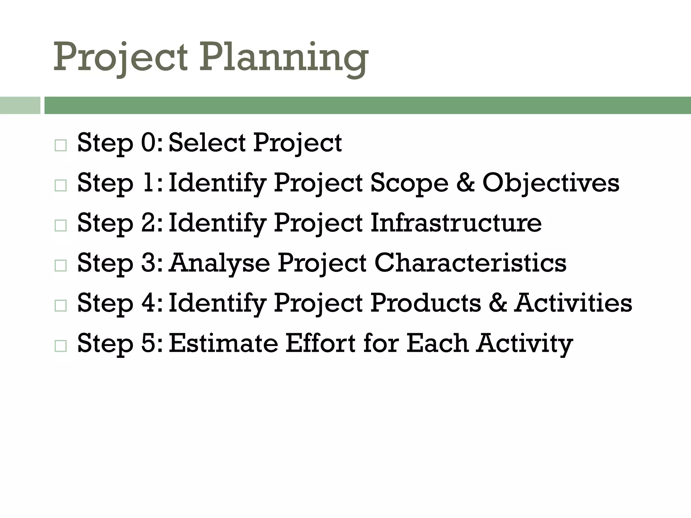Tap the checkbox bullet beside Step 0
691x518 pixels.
click(x=60, y=146)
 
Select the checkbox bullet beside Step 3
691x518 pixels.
click(x=60, y=266)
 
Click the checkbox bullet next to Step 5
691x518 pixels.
click(x=60, y=346)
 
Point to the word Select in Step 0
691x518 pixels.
click(x=207, y=143)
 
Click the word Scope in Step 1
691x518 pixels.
click(x=409, y=183)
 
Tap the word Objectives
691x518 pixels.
click(x=551, y=183)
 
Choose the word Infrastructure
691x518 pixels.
click(x=456, y=223)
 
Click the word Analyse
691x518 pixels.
click(x=220, y=263)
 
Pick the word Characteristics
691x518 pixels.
click(x=470, y=263)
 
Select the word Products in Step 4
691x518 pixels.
click(x=426, y=303)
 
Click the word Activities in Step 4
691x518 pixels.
click(x=573, y=303)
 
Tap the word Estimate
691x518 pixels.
click(x=223, y=343)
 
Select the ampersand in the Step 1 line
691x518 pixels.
click(x=465, y=183)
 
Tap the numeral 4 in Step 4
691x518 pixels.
click(x=148, y=303)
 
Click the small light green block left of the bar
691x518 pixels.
click(x=20, y=105)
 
